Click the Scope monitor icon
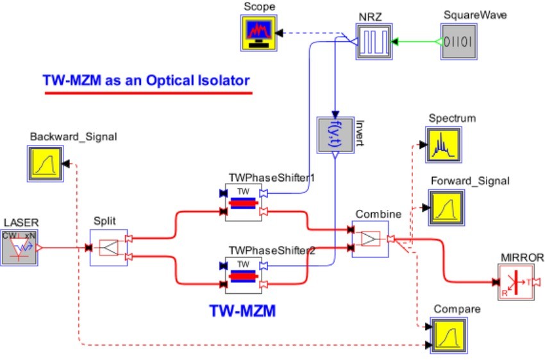259,33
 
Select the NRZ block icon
374,42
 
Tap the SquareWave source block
459,42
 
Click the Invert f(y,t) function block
335,135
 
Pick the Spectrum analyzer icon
444,144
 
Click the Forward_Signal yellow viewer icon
446,208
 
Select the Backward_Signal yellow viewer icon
46,164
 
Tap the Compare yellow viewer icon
449,336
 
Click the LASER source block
19,248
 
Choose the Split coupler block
109,248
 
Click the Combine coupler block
371,239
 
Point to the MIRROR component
516,282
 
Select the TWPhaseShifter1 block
244,202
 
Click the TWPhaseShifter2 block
244,275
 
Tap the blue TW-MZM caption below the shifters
242,311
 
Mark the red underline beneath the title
148,93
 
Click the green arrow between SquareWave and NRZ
416,42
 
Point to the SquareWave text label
475,15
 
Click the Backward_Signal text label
73,137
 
